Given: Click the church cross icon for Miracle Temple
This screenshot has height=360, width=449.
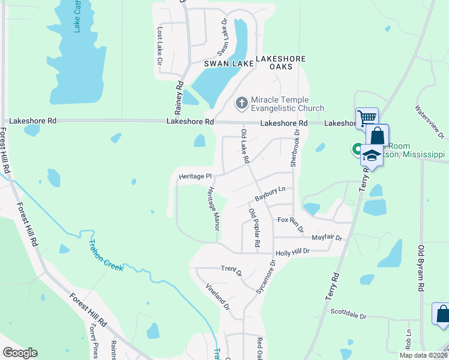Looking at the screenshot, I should coord(241,103).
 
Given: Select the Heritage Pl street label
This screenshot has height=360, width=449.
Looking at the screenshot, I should coord(196,176).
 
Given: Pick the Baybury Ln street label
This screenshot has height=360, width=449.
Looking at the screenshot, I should coord(270,193).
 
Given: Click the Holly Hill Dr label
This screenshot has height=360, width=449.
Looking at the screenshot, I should coord(292,253).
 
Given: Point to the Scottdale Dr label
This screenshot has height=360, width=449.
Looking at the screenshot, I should coord(348,313).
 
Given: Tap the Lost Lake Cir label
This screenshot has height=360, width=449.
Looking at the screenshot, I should coord(160,46).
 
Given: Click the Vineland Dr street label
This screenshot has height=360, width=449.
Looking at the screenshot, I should coord(218,296).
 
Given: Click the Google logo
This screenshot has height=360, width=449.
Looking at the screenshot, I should coord(20,353).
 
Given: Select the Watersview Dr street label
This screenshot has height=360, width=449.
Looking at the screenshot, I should coord(428,118).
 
